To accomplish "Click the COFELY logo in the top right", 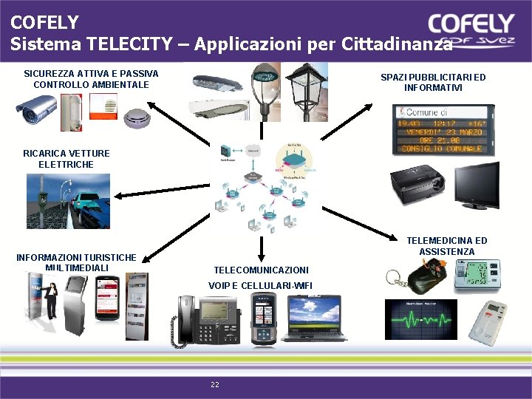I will (x=471, y=28).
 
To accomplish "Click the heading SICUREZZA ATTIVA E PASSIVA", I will (x=91, y=74).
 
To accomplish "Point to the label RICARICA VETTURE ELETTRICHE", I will (x=66, y=159).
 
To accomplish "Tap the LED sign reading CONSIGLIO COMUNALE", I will (x=441, y=129).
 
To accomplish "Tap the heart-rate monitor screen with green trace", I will (x=420, y=319).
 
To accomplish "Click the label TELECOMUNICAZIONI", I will (x=261, y=270).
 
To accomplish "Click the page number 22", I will (x=215, y=384).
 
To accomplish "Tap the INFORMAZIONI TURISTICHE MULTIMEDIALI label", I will (x=76, y=262).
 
